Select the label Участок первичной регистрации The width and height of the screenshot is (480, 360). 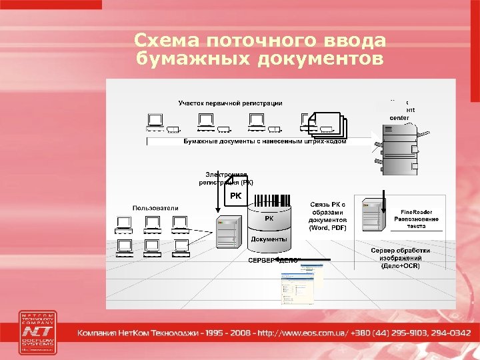(230, 103)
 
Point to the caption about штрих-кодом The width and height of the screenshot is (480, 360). (265, 142)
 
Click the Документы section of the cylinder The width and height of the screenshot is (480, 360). (269, 239)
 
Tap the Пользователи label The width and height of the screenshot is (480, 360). (155, 209)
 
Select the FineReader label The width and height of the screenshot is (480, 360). (416, 211)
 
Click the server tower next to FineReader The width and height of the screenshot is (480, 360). (371, 214)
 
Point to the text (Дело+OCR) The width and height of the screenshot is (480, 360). (400, 265)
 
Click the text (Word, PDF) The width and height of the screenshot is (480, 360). (327, 227)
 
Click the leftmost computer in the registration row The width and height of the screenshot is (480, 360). (156, 121)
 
